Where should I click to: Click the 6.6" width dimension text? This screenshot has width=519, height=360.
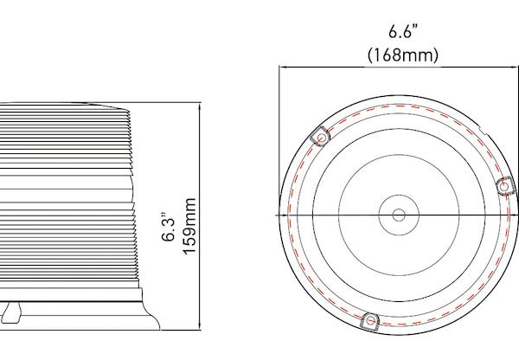point(402,34)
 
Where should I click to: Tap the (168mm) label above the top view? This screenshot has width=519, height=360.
point(402,55)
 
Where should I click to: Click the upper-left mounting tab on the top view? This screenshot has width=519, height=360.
point(319,136)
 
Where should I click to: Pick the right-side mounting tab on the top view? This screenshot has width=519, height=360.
point(505,185)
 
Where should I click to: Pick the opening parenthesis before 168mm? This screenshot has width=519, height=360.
point(370,55)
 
